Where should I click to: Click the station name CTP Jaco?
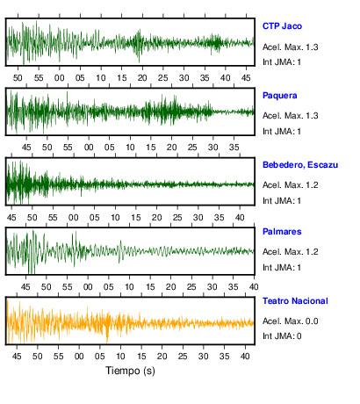click(282, 26)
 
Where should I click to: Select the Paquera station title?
click(280, 96)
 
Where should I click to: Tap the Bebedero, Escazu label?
click(300, 165)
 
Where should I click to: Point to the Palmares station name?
click(282, 232)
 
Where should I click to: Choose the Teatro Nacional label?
click(295, 301)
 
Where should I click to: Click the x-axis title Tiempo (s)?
click(130, 371)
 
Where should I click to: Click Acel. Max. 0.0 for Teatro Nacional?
click(291, 321)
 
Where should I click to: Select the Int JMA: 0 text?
click(282, 335)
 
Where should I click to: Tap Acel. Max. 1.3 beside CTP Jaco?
click(291, 47)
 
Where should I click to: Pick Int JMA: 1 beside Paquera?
click(282, 132)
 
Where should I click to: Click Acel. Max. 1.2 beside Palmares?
click(291, 252)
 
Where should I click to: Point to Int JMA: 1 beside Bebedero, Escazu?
click(282, 201)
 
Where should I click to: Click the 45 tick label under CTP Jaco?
click(246, 78)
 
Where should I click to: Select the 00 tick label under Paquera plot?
click(89, 148)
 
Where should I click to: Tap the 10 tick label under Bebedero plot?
click(115, 218)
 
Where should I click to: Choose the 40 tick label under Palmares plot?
click(254, 287)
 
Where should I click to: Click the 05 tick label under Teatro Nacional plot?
click(99, 357)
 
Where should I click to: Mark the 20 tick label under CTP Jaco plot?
click(142, 78)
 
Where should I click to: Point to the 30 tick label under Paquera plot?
click(212, 148)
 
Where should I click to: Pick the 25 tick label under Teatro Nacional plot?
click(183, 357)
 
